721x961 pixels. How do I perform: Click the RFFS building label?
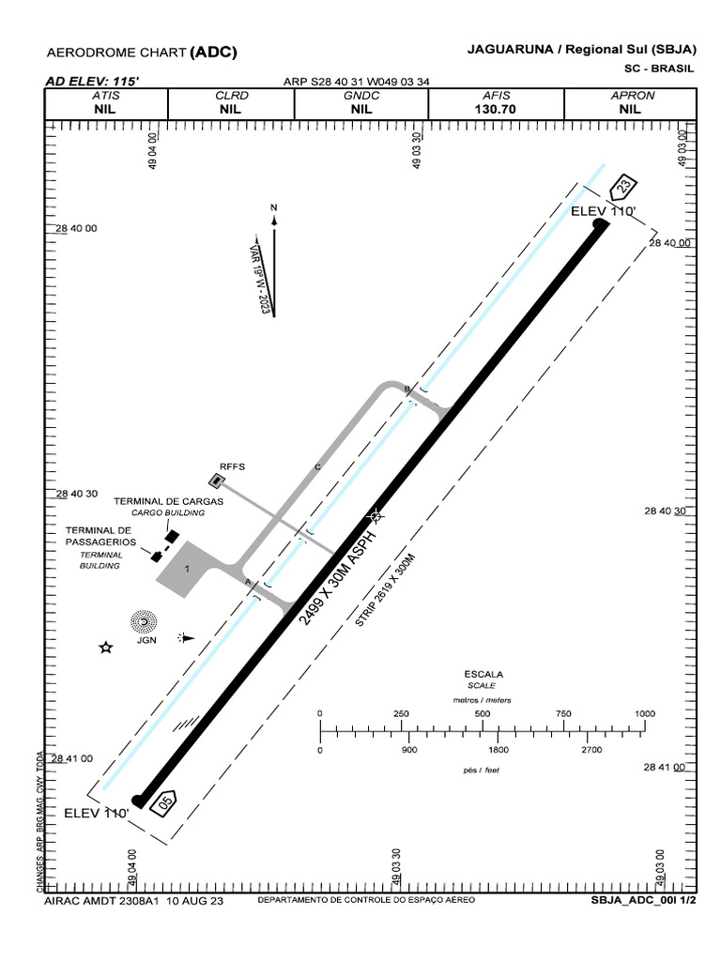point(231,465)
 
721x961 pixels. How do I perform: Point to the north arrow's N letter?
point(274,206)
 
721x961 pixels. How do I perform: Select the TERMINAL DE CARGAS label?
point(169,502)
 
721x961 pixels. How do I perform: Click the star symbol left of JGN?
point(106,648)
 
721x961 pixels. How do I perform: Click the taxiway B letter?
point(407,389)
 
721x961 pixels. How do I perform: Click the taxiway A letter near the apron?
point(248,583)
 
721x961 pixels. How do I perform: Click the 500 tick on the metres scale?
point(483,714)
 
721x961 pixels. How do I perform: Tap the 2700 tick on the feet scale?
point(591,750)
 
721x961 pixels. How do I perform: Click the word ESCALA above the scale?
point(483,674)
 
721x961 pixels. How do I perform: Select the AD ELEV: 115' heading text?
point(92,82)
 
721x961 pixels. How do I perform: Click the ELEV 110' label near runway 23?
point(604,212)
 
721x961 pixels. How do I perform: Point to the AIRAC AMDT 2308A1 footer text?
point(102,899)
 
